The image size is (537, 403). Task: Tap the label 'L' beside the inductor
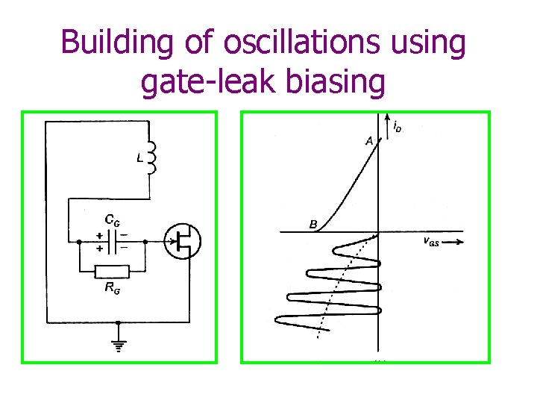tap(138, 158)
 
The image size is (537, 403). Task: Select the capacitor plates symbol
tap(111, 240)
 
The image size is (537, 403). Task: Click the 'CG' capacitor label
tap(111, 220)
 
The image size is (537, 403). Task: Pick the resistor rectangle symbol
tap(111, 272)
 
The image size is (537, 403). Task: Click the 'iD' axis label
tap(398, 128)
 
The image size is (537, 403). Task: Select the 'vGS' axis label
tap(431, 241)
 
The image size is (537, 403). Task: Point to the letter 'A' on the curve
tap(368, 140)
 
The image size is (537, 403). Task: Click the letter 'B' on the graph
tap(313, 223)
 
